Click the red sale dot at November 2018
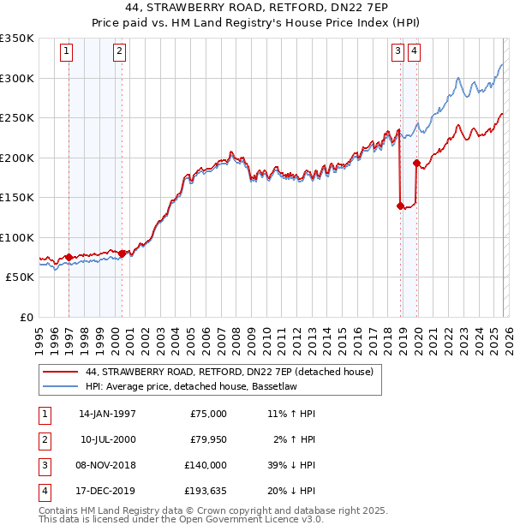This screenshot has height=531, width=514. point(400,206)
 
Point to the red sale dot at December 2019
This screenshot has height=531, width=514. point(416,163)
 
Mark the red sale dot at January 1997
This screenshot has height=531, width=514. point(69,257)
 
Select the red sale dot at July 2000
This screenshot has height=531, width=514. point(122,254)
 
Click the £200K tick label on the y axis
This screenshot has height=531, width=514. point(17,158)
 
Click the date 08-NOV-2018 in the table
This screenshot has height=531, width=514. point(107,465)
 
